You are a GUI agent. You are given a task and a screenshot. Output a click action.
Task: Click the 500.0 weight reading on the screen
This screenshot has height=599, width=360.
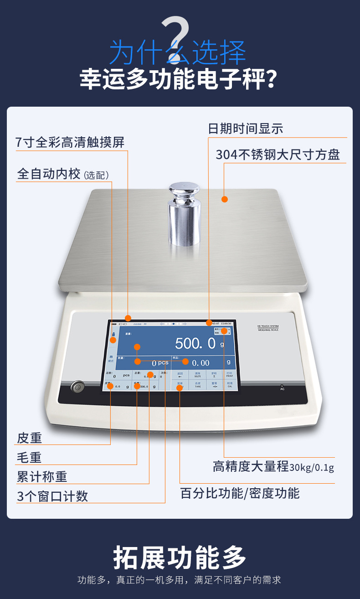pyautogui.click(x=195, y=343)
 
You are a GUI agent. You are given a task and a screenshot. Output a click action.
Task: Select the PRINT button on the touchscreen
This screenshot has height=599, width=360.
pyautogui.click(x=229, y=375)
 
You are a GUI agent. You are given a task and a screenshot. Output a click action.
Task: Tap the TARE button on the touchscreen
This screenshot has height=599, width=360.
pyautogui.click(x=198, y=385)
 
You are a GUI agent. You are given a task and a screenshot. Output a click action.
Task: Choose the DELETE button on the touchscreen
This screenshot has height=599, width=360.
pyautogui.click(x=198, y=375)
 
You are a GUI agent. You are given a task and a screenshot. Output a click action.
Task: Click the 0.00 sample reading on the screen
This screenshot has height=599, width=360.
pyautogui.click(x=201, y=363)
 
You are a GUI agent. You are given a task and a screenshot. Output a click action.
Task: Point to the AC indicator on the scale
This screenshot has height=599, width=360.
pyautogui.click(x=282, y=388)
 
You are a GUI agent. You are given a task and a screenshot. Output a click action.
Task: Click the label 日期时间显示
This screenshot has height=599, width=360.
pyautogui.click(x=246, y=129)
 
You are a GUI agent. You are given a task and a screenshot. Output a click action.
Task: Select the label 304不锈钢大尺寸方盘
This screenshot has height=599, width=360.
pyautogui.click(x=278, y=155)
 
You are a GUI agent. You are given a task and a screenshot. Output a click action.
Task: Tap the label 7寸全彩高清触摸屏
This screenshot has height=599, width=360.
pyautogui.click(x=70, y=142)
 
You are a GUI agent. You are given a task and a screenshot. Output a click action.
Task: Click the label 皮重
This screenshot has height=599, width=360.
pyautogui.click(x=30, y=438)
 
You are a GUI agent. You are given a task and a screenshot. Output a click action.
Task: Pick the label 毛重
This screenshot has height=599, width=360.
pyautogui.click(x=30, y=458)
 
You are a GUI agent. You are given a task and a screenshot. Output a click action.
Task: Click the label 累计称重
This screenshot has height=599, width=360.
pyautogui.click(x=42, y=477)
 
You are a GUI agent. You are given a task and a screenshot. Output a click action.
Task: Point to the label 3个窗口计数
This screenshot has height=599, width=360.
pyautogui.click(x=52, y=496)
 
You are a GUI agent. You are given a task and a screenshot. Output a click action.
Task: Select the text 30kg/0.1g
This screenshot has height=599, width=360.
pyautogui.click(x=312, y=468)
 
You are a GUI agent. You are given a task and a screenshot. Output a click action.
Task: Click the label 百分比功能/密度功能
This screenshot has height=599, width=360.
pyautogui.click(x=240, y=493)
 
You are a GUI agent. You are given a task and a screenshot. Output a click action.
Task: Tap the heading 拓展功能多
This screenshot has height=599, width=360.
pyautogui.click(x=180, y=557)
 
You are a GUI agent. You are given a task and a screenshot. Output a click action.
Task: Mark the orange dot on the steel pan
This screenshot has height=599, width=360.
pyautogui.click(x=224, y=199)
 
